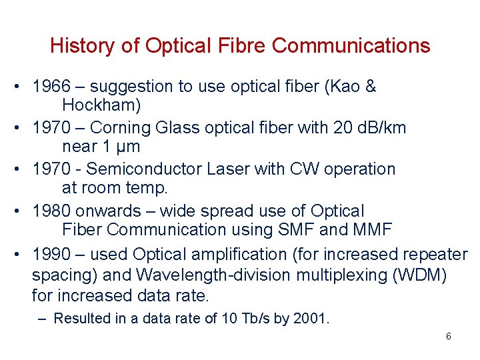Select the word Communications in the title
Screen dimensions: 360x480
351,46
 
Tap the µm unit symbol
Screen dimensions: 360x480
127,147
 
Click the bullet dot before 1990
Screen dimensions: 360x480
20,254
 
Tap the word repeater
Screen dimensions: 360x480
435,254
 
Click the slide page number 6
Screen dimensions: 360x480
448,337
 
